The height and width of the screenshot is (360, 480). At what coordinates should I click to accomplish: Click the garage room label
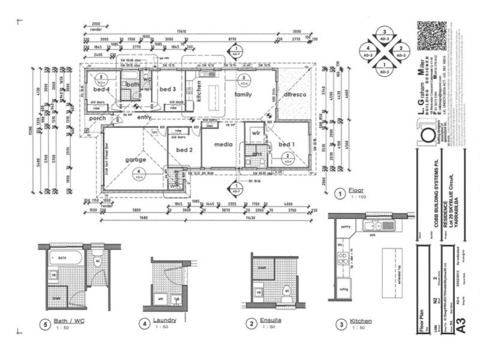coord(136,160)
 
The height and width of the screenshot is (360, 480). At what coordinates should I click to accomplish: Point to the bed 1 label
coord(287,145)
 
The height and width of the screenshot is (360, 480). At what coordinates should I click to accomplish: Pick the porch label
coord(98,118)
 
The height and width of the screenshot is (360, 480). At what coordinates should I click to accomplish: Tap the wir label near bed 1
coord(254,133)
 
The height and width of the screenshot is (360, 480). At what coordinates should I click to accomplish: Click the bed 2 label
coord(184,149)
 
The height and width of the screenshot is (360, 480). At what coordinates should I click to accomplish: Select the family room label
coord(242,95)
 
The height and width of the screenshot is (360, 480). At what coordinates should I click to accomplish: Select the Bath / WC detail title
coord(71,322)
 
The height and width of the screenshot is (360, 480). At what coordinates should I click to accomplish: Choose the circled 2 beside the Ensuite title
coord(250,324)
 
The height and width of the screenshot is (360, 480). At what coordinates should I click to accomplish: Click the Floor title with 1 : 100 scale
coord(358,191)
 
